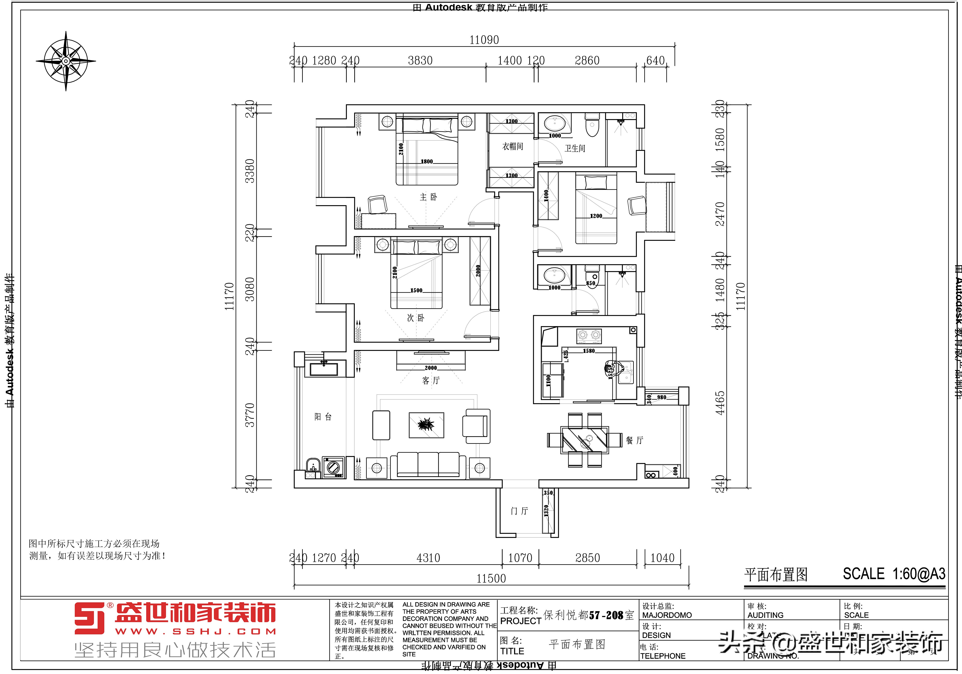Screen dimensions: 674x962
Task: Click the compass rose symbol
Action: pyautogui.click(x=66, y=61)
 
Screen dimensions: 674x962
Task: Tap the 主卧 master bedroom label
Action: pyautogui.click(x=428, y=197)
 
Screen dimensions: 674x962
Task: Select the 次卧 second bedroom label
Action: pyautogui.click(x=416, y=318)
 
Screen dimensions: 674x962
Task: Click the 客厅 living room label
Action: pyautogui.click(x=431, y=380)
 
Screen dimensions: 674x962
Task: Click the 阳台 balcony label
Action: pyautogui.click(x=323, y=417)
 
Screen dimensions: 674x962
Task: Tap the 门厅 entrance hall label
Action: pyautogui.click(x=519, y=511)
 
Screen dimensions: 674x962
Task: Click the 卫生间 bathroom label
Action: pyautogui.click(x=575, y=148)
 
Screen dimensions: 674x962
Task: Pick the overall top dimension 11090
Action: pyautogui.click(x=484, y=40)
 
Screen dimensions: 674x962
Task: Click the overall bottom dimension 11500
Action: pyautogui.click(x=491, y=579)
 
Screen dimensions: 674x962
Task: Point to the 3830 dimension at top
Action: pyautogui.click(x=420, y=61)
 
